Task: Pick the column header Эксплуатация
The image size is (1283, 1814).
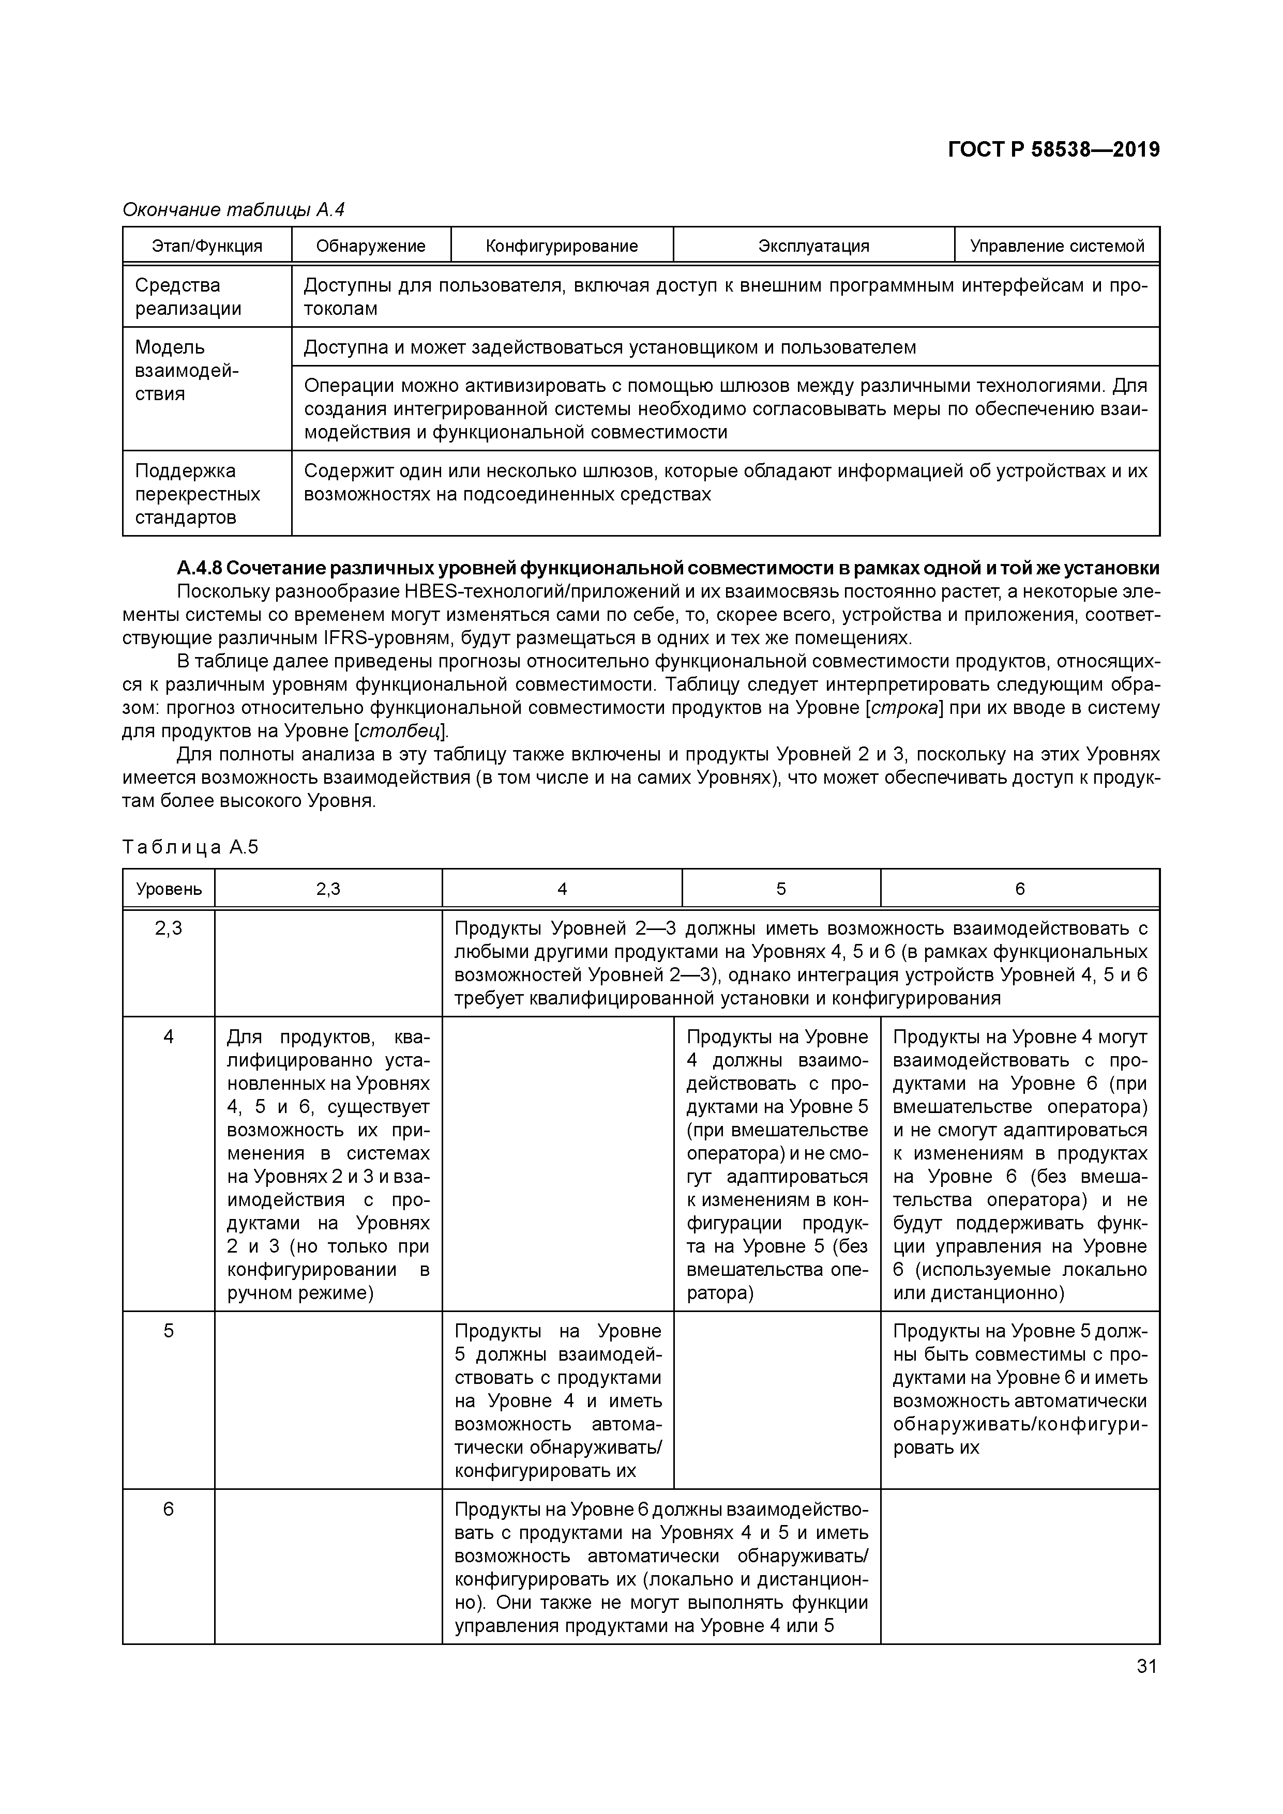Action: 813,246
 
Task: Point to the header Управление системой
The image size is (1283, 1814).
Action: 1057,246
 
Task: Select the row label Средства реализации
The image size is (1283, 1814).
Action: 188,297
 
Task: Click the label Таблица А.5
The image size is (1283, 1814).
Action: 190,848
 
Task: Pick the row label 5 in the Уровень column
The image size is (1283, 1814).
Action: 169,1331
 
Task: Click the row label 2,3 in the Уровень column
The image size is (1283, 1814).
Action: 169,928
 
